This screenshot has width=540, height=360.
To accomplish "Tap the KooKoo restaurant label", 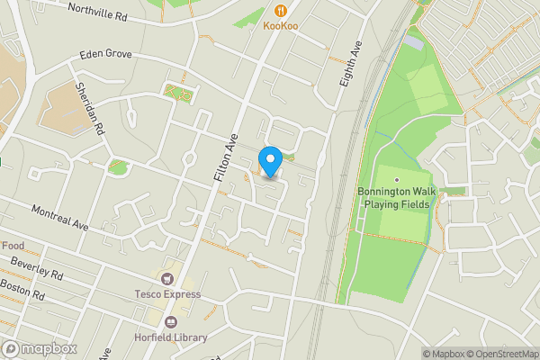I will pyautogui.click(x=281, y=26).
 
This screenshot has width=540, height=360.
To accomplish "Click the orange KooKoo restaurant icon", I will pyautogui.click(x=281, y=11).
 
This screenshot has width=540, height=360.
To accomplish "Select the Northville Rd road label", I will pyautogui.click(x=98, y=12).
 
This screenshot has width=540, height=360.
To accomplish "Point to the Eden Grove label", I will pyautogui.click(x=105, y=54).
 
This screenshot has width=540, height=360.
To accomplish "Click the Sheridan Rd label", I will pyautogui.click(x=91, y=108).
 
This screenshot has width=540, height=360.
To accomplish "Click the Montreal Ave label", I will pyautogui.click(x=60, y=218).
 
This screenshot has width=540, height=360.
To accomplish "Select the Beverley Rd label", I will pyautogui.click(x=37, y=268).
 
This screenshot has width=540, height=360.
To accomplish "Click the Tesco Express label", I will pyautogui.click(x=167, y=294).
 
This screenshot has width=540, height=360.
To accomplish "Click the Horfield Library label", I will pyautogui.click(x=172, y=338).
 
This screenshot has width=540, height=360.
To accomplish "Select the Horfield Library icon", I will pyautogui.click(x=172, y=322).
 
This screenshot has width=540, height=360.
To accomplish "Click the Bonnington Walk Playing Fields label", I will pyautogui.click(x=396, y=198).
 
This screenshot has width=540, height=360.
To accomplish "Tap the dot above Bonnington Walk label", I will pyautogui.click(x=396, y=180).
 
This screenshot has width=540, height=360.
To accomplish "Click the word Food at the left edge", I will pyautogui.click(x=12, y=246).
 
